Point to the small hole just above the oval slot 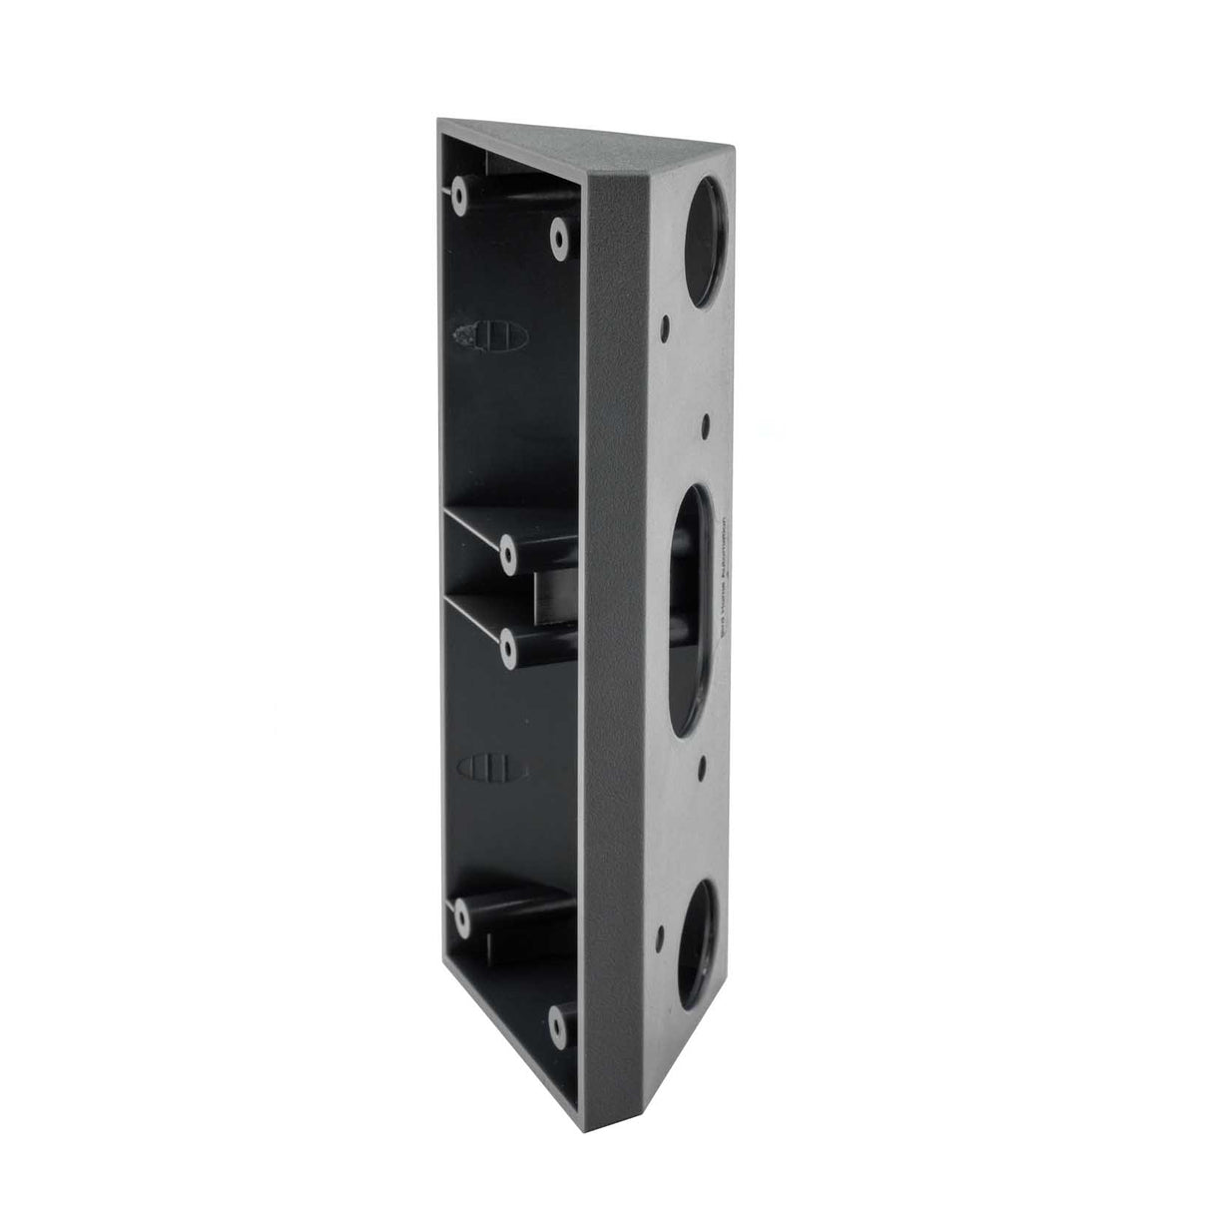coord(706,423)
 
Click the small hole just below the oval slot coord(702,766)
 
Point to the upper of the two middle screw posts coord(508,549)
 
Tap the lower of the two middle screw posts coord(508,647)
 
